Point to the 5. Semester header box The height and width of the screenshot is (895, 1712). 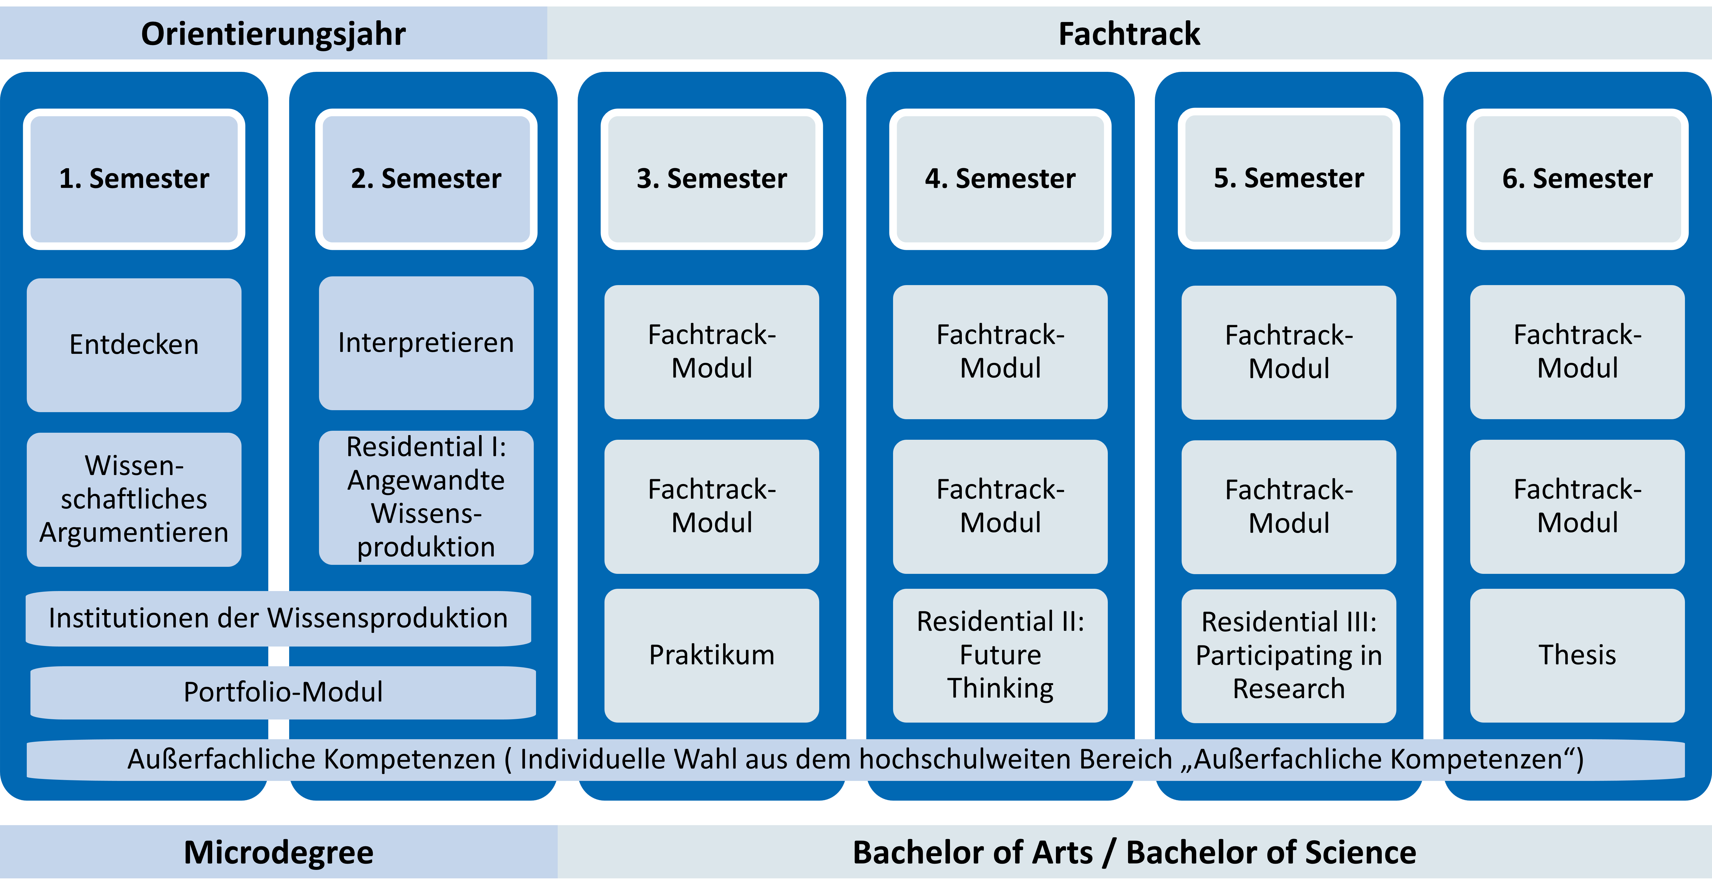click(1289, 179)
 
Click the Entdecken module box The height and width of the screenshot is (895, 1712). click(134, 345)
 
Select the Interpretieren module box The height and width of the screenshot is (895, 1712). click(426, 343)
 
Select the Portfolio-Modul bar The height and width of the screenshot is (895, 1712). click(283, 692)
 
